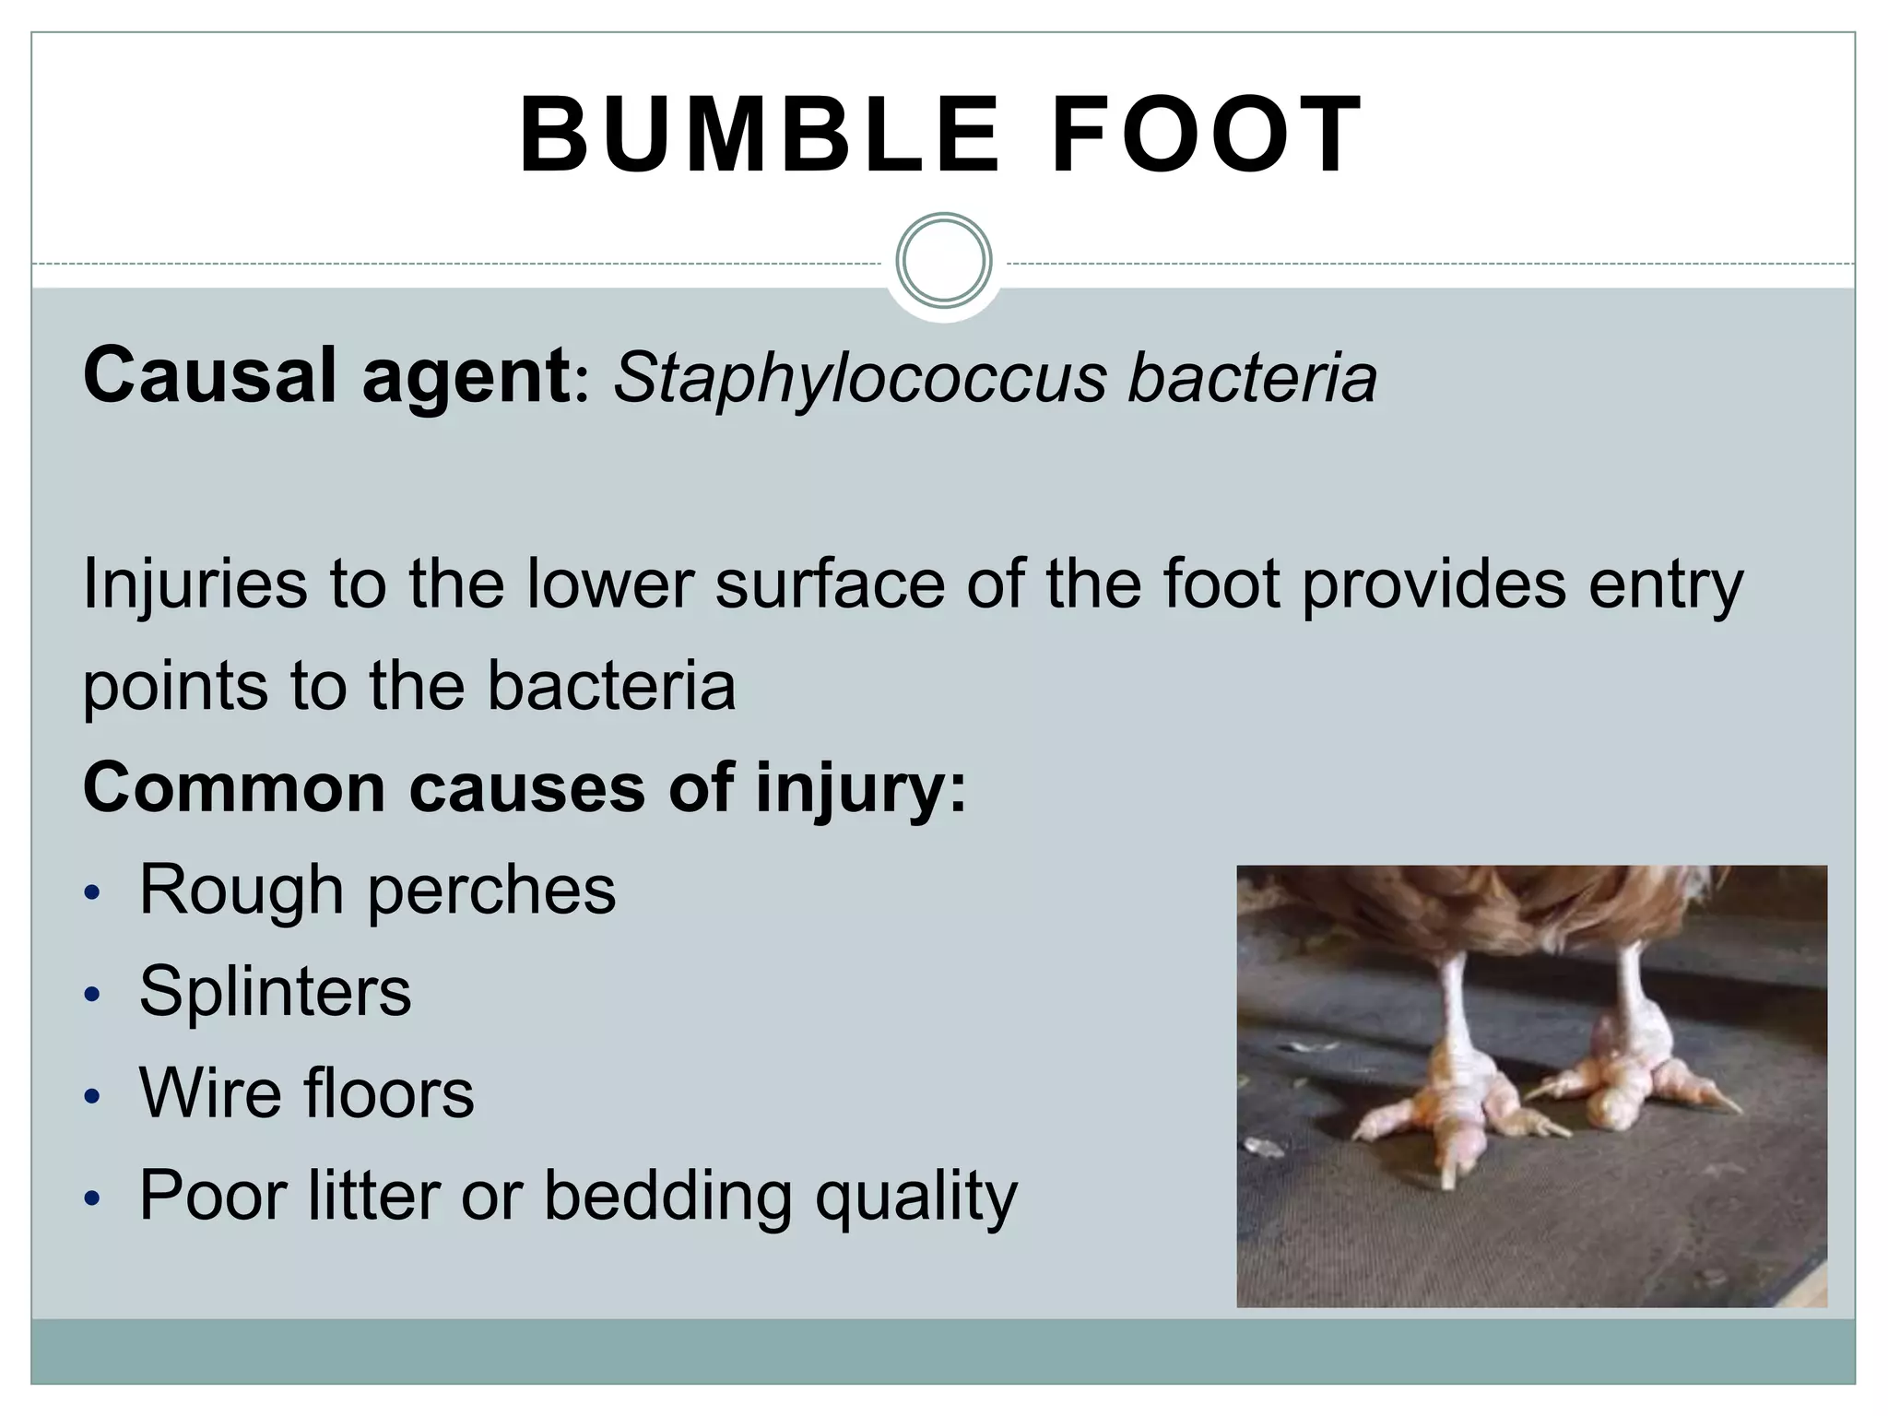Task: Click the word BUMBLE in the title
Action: coord(759,136)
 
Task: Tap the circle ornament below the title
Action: coord(943,261)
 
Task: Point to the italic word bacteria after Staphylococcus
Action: coord(1253,379)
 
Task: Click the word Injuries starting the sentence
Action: coord(195,584)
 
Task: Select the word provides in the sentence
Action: coord(1434,584)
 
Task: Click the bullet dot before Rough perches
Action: coord(90,893)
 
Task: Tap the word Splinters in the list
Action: coord(275,992)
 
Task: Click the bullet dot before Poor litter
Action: coord(90,1198)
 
